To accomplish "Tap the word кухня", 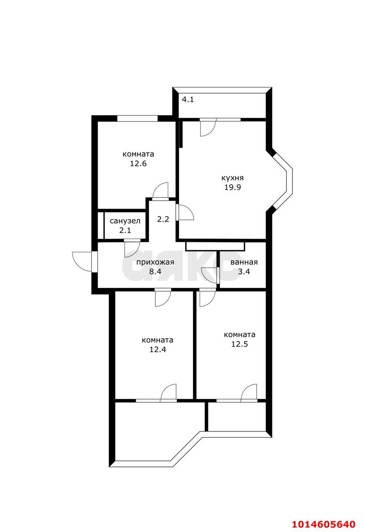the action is [x=233, y=178].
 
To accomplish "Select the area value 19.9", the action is [x=233, y=187].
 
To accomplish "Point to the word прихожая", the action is [x=155, y=262].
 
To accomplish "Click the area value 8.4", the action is [x=155, y=271].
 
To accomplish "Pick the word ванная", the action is [x=244, y=262].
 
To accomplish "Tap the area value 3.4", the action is [x=244, y=271].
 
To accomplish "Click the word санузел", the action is [x=125, y=221].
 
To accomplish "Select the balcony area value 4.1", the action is [x=188, y=99].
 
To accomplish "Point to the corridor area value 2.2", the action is [x=163, y=219].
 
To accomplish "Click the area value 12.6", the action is [x=138, y=164].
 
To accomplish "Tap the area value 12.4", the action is [x=157, y=350].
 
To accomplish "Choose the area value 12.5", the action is [x=240, y=344].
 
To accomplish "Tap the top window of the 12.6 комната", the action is [x=137, y=118].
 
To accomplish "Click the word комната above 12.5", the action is [x=240, y=335].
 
